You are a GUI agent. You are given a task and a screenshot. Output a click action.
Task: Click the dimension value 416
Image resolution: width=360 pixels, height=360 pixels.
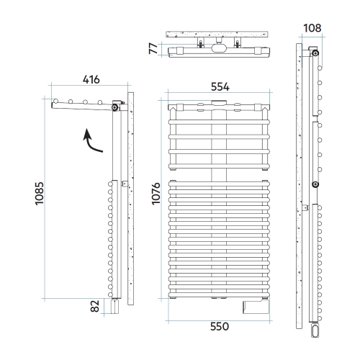pyautogui.click(x=91, y=80)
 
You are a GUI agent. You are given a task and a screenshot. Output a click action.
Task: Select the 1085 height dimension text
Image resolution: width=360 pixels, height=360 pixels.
pyautogui.click(x=40, y=194)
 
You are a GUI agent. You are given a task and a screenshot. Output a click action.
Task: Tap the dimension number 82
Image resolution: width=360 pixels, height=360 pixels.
pyautogui.click(x=95, y=306)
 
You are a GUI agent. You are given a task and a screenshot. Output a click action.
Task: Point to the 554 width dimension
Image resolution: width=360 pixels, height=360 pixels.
pyautogui.click(x=220, y=87)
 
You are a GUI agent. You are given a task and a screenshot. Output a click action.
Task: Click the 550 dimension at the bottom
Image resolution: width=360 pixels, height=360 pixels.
pyautogui.click(x=220, y=326)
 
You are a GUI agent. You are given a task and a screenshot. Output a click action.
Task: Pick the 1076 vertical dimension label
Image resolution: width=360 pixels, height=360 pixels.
pyautogui.click(x=156, y=194)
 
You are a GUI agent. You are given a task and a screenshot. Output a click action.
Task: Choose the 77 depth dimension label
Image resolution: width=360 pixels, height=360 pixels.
pyautogui.click(x=153, y=49)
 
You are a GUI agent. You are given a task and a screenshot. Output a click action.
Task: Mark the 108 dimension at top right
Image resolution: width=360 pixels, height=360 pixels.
pyautogui.click(x=312, y=28)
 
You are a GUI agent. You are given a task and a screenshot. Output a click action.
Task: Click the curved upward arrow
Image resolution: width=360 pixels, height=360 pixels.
pyautogui.click(x=91, y=141)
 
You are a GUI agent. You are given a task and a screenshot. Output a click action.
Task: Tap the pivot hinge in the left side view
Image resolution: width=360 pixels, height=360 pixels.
pyautogui.click(x=115, y=107)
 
